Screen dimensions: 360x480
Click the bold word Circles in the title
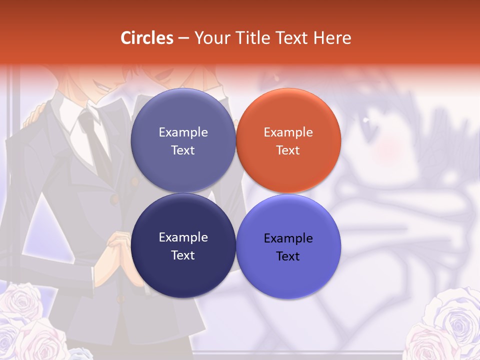147,38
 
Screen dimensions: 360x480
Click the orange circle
288,140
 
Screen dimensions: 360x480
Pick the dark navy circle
183,245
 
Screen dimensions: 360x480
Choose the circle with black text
288,246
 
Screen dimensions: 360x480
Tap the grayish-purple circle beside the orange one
183,140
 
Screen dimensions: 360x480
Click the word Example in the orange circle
288,132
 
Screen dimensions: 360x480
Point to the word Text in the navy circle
183,255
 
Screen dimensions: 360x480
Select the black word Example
288,238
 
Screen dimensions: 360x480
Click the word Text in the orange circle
288,150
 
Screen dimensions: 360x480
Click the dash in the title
183,38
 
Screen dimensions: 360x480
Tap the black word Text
288,256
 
